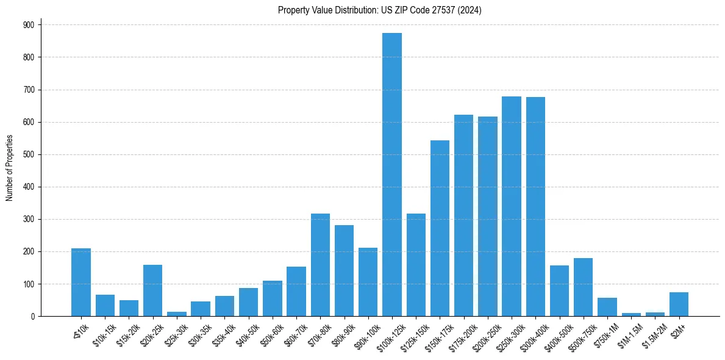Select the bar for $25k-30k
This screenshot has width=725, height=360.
177,314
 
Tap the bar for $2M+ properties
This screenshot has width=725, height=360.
679,304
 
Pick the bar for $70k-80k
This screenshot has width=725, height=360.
320,265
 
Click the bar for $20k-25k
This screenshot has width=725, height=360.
153,290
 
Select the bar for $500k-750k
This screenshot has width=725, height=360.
583,287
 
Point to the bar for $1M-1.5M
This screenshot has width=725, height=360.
631,314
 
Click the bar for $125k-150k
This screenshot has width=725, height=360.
416,265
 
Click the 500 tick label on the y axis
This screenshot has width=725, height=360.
29,154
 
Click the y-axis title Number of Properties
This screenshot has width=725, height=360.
9,168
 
